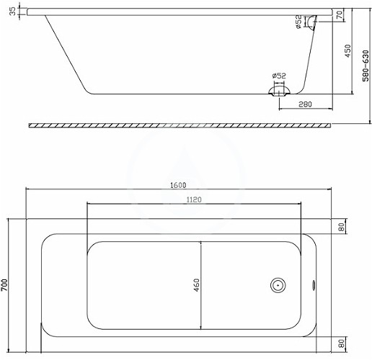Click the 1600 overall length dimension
click(178, 185)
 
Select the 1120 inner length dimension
click(194, 199)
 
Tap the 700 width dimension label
click(5, 285)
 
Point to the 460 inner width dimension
click(197, 285)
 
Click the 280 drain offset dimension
click(305, 104)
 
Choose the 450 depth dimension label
click(347, 51)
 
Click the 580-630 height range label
click(366, 66)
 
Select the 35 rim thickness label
click(13, 11)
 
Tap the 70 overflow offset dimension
click(339, 15)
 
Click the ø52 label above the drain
click(279, 76)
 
